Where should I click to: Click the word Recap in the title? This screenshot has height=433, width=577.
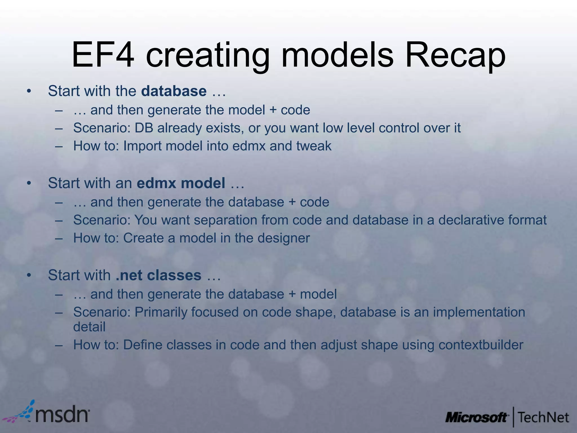coord(455,56)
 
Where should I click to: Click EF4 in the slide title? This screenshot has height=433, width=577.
coord(103,56)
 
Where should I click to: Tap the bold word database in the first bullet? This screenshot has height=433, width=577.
coord(174,91)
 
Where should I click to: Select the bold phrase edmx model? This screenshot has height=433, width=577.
coord(181,183)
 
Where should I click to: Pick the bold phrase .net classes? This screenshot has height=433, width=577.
coord(158,275)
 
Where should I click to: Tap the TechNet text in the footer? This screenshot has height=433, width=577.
coord(543,417)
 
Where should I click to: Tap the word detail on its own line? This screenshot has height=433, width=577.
coord(89,327)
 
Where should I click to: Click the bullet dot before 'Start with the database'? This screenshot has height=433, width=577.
coord(28,91)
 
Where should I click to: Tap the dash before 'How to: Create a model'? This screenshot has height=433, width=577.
coord(59,238)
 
